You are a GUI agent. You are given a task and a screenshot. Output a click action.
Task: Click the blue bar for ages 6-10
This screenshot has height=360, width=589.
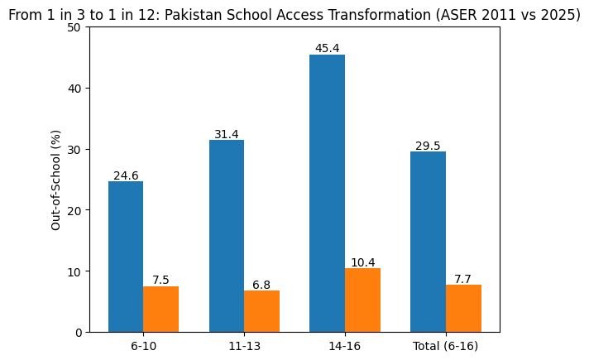(126, 257)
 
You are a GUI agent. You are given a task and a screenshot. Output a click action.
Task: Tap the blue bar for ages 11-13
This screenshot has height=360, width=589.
(226, 236)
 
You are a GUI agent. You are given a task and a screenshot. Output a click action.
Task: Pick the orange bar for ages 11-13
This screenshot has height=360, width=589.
(261, 311)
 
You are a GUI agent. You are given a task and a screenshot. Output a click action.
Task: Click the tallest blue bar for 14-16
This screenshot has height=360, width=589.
(327, 194)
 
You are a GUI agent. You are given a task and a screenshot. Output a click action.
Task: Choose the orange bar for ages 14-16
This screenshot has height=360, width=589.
(362, 300)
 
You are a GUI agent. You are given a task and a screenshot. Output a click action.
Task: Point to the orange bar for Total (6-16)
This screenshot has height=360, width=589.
(463, 309)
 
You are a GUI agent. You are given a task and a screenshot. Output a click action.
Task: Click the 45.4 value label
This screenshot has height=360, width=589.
(327, 49)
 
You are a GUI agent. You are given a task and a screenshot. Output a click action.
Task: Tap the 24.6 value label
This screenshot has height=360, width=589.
(126, 175)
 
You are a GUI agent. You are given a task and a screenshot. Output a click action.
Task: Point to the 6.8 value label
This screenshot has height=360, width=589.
(261, 285)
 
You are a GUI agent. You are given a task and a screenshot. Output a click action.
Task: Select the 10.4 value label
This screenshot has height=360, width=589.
(362, 262)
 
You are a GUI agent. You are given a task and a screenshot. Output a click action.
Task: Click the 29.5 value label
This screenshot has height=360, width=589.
(428, 146)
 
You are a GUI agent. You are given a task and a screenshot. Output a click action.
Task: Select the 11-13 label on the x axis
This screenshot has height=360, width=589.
(244, 344)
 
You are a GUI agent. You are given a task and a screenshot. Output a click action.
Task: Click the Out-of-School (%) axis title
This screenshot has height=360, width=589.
(55, 180)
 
